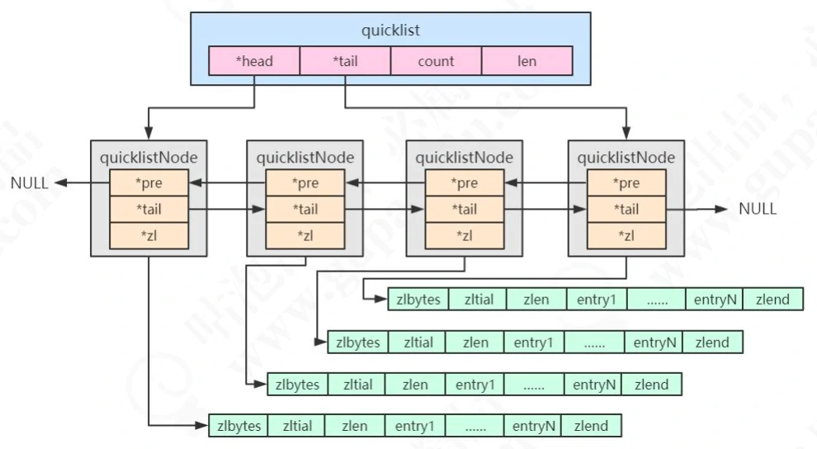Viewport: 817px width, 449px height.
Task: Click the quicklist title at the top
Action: (x=390, y=31)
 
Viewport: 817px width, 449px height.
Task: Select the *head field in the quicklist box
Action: (x=253, y=61)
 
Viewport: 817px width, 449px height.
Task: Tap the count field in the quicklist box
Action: (x=436, y=61)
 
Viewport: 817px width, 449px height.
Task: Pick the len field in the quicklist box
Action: (x=527, y=61)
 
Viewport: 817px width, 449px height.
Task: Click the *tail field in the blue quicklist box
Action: (x=345, y=61)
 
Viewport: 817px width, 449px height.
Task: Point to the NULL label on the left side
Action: (x=30, y=183)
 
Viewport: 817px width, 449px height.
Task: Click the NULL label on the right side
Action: (x=758, y=209)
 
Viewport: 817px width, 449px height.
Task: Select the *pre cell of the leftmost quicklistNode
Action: (x=149, y=183)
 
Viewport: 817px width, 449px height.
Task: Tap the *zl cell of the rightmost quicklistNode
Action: (x=626, y=236)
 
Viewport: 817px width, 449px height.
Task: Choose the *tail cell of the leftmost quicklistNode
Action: (x=149, y=210)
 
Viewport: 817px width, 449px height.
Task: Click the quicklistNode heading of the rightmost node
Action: (x=626, y=157)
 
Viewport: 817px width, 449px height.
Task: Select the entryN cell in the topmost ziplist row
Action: (x=715, y=299)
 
